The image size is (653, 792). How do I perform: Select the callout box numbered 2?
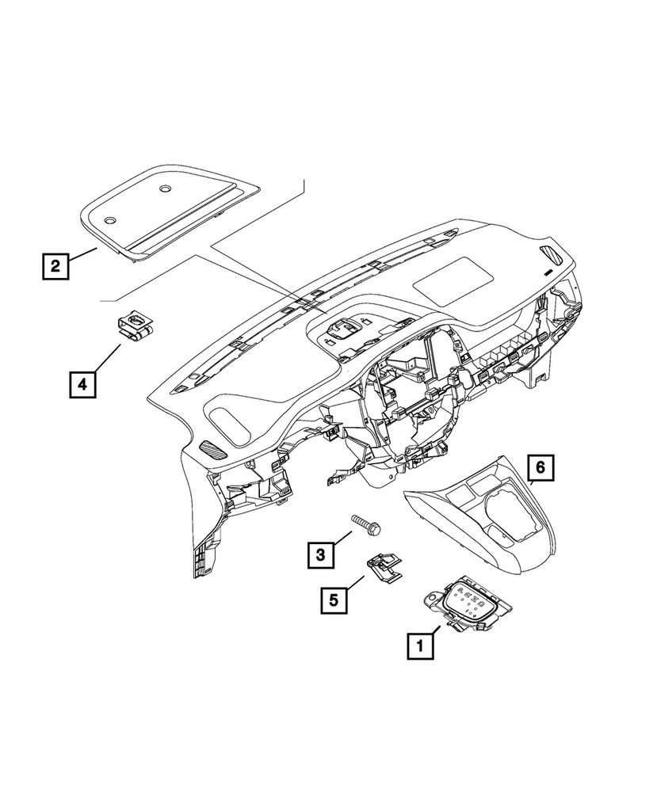pos(55,265)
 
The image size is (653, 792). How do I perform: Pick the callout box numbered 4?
pos(82,385)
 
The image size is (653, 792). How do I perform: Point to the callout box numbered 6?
pos(540,469)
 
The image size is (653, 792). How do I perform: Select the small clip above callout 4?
pos(134,327)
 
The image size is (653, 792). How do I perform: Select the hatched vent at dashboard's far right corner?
pos(551,255)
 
